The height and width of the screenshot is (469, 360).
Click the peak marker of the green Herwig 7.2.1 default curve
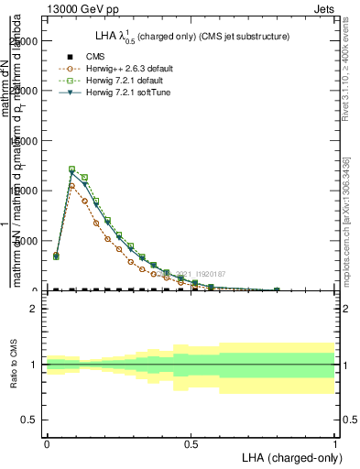click(x=72, y=169)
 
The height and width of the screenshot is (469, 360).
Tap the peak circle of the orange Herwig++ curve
click(x=72, y=186)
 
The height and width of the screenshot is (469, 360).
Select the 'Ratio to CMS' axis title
click(x=14, y=364)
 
